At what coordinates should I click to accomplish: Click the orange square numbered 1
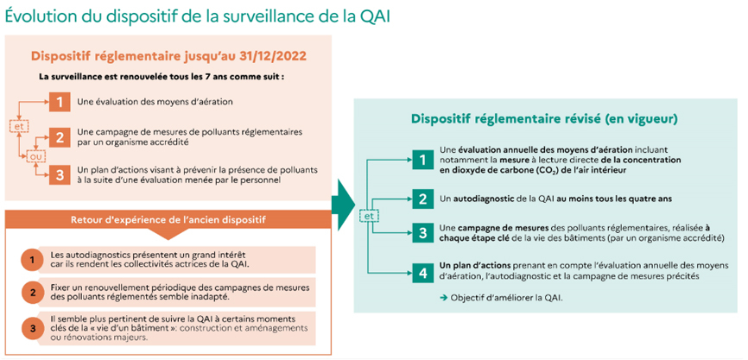click(60, 102)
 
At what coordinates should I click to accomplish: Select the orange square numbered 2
click(60, 137)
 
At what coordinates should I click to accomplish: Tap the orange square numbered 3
click(60, 174)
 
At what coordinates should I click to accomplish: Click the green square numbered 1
click(422, 158)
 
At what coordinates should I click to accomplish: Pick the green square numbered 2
click(422, 199)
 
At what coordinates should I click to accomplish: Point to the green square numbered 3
click(422, 233)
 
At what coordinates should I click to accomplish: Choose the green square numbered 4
click(422, 273)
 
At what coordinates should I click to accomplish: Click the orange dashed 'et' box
click(19, 125)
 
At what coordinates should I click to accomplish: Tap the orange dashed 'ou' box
click(35, 156)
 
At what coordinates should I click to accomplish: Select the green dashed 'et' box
click(368, 216)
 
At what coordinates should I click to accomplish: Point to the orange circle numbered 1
click(31, 260)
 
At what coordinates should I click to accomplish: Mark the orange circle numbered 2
click(31, 292)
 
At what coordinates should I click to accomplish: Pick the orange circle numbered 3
click(31, 328)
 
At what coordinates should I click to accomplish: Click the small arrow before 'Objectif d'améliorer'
click(443, 298)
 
